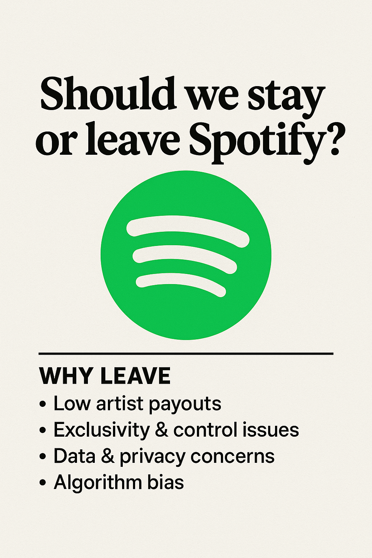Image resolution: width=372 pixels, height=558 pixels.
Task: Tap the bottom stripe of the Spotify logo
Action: click(x=181, y=284)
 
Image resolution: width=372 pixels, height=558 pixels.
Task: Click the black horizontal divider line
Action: click(x=186, y=353)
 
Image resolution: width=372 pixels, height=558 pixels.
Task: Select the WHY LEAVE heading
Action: click(x=105, y=376)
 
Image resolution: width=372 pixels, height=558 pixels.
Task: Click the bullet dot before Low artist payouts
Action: click(x=43, y=404)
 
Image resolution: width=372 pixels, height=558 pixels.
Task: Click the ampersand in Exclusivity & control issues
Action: click(x=161, y=430)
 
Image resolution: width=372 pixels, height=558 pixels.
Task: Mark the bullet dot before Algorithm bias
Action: click(x=43, y=482)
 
